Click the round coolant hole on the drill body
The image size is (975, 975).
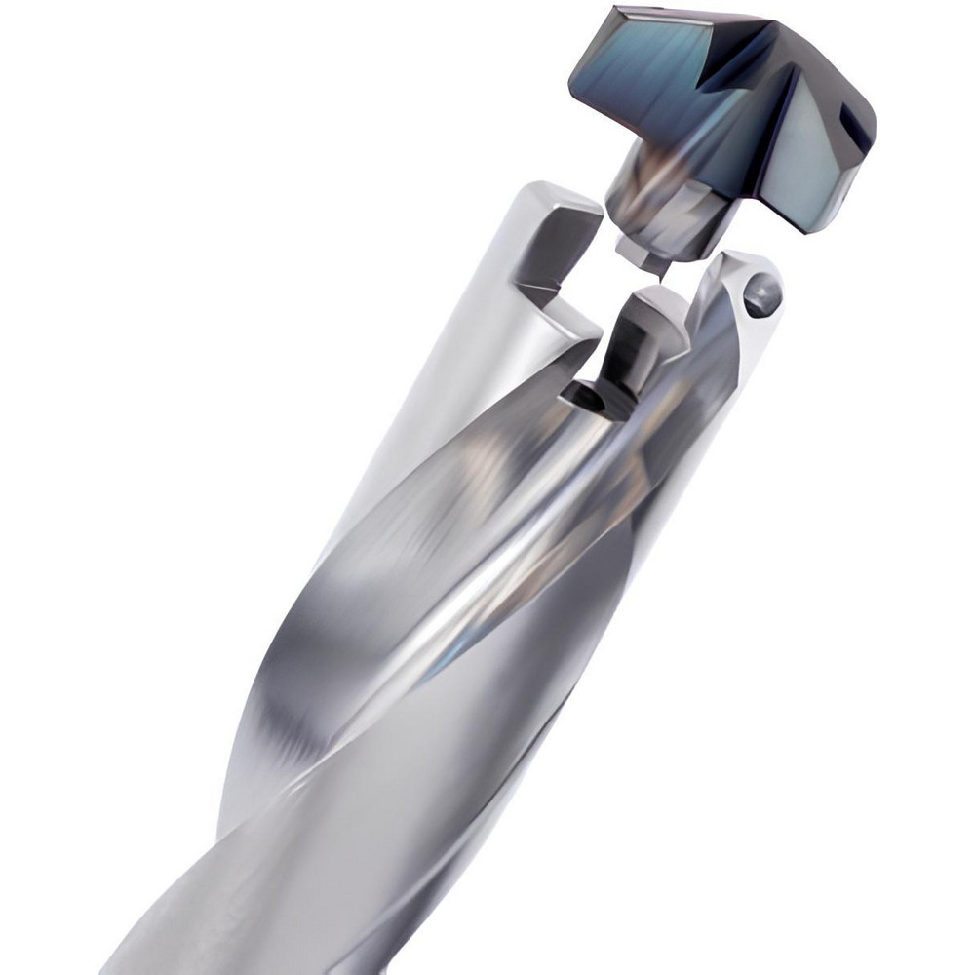pos(762,293)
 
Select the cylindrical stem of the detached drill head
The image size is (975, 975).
pos(643,200)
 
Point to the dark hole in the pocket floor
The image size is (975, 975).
pos(583,399)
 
